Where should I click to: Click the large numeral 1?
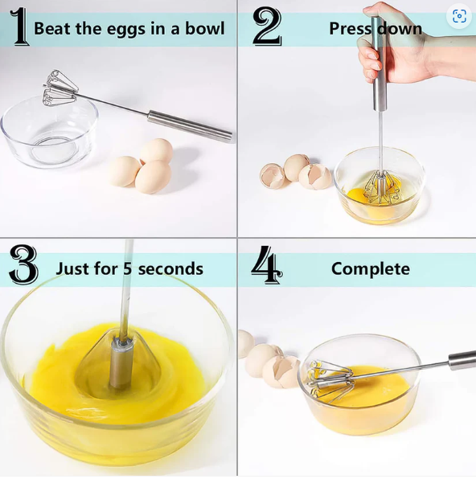(x=19, y=27)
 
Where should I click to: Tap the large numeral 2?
(x=267, y=27)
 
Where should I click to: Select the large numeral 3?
(x=23, y=264)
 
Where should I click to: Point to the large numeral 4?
(x=267, y=264)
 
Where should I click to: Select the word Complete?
(x=371, y=269)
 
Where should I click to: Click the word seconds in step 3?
(x=170, y=269)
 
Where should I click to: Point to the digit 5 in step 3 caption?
(x=128, y=268)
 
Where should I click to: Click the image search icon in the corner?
(x=459, y=16)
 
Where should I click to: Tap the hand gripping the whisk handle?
(x=397, y=46)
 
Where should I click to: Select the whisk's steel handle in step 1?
(x=190, y=126)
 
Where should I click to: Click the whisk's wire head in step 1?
(x=59, y=88)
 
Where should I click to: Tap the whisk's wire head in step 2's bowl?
(x=382, y=187)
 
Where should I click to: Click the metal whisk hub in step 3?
(x=121, y=363)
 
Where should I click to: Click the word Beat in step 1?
(x=51, y=28)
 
